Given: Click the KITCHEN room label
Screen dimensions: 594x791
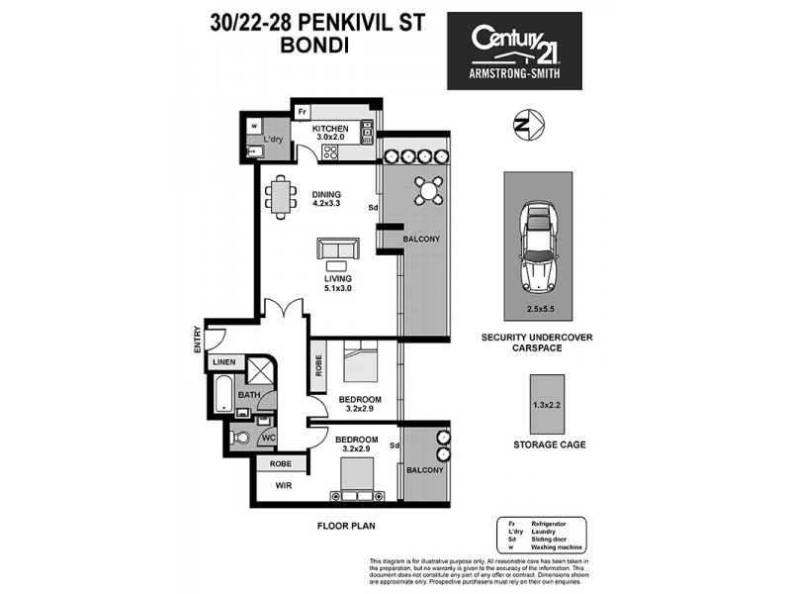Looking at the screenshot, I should tap(330, 130).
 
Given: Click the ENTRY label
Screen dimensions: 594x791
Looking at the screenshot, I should tap(198, 340).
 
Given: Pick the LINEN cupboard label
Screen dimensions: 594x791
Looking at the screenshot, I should tap(223, 364).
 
